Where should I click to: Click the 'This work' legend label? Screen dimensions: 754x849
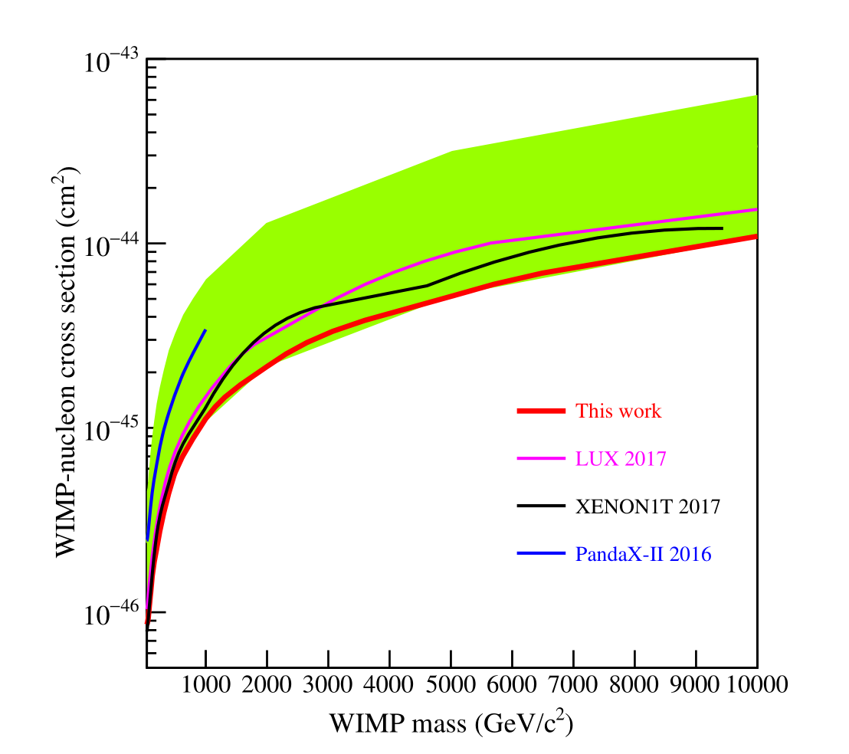click(618, 411)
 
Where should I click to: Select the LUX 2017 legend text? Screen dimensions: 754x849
click(621, 460)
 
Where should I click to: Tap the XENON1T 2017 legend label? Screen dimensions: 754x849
click(647, 506)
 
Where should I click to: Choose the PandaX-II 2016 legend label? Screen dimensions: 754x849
click(643, 554)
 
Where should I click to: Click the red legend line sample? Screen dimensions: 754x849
click(541, 411)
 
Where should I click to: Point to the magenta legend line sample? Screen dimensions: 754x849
click(541, 460)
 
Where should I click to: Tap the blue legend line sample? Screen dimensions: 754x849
click(541, 554)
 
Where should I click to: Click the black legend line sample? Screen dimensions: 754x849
click(541, 506)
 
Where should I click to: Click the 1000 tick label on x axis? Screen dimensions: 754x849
click(206, 684)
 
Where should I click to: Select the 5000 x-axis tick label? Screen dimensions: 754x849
click(451, 684)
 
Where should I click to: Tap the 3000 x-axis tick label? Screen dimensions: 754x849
click(329, 684)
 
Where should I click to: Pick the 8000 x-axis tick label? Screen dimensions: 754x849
click(635, 684)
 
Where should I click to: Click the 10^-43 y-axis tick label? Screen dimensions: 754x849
click(111, 61)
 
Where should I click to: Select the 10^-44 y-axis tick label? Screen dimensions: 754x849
click(111, 244)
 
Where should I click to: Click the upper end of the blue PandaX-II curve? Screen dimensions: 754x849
click(205, 330)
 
